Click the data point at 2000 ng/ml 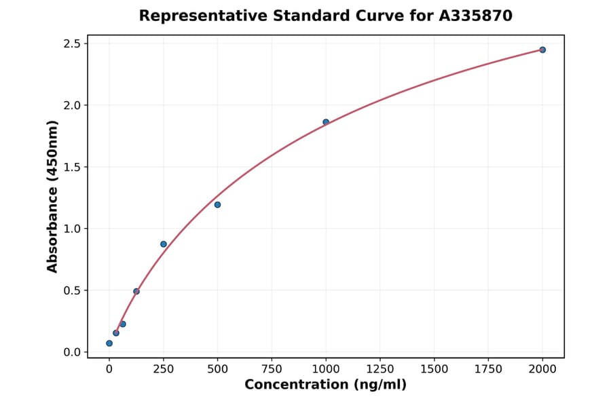(542, 50)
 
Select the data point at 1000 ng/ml (326, 122)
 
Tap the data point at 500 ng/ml (217, 205)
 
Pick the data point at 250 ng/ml (164, 244)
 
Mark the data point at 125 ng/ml (136, 292)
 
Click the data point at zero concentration (109, 343)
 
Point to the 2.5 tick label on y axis (71, 44)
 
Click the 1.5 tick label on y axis (71, 168)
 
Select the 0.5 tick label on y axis (71, 290)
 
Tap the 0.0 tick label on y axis (71, 352)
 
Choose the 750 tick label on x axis (272, 368)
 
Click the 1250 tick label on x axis (380, 368)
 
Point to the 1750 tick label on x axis (488, 368)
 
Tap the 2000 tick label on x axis (542, 368)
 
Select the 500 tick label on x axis (217, 368)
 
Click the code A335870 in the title (475, 16)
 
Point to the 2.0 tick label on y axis (71, 106)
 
